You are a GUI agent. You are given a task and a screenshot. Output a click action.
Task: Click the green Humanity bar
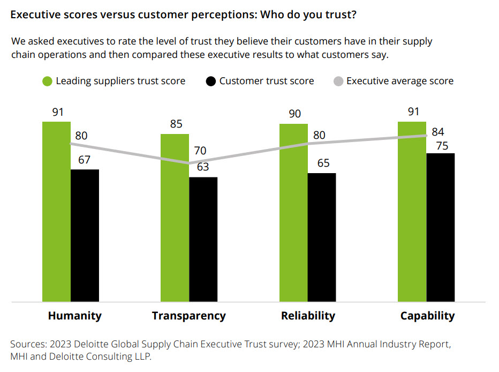(x=56, y=212)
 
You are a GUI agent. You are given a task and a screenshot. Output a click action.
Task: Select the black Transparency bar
(x=203, y=239)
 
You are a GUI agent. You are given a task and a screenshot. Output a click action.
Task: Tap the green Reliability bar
(x=293, y=213)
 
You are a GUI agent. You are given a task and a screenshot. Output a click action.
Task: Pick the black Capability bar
(x=440, y=227)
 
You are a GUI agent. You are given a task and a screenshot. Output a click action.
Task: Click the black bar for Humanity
(x=85, y=236)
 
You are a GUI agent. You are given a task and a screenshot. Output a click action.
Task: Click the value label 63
(x=202, y=167)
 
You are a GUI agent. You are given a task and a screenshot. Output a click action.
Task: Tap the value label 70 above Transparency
(x=200, y=151)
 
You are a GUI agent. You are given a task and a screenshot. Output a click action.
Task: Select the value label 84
(x=438, y=132)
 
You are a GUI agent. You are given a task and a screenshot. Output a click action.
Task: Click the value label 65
(x=323, y=163)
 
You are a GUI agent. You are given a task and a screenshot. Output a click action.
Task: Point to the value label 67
(x=84, y=160)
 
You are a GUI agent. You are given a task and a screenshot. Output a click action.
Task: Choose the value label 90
(x=294, y=114)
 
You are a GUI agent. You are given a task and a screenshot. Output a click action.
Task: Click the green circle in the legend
(x=47, y=81)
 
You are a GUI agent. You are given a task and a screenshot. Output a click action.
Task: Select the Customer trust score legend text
(x=266, y=81)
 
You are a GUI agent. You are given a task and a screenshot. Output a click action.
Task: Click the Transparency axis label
(x=188, y=316)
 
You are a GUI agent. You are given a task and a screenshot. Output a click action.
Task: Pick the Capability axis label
(x=427, y=316)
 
